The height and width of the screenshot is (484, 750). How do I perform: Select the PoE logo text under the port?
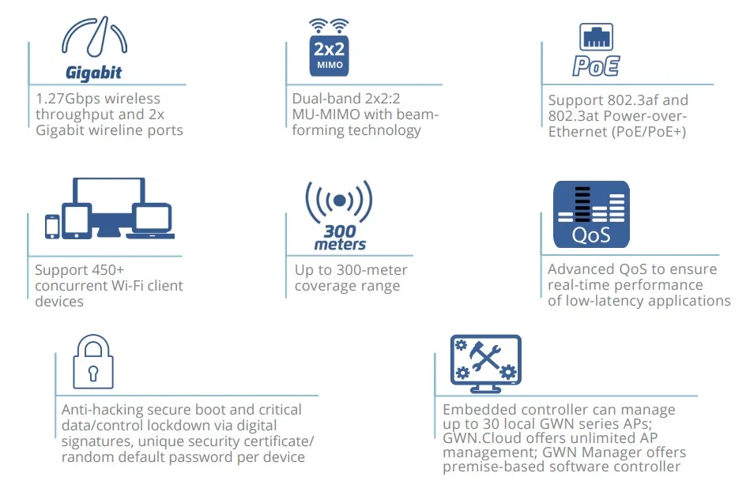click(x=596, y=66)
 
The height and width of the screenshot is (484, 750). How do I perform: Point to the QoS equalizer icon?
click(x=591, y=213)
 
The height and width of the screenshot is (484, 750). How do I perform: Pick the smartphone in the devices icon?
click(x=52, y=226)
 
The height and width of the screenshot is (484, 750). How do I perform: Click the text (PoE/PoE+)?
click(x=647, y=132)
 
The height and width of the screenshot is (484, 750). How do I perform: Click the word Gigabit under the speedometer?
click(x=94, y=73)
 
